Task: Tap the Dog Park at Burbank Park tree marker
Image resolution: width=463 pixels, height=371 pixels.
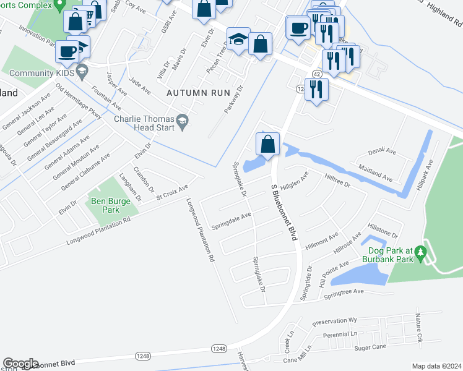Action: (421, 252)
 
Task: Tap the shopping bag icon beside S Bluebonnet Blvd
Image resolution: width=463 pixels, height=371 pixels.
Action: (267, 145)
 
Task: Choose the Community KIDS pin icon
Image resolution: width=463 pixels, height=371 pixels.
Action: (82, 73)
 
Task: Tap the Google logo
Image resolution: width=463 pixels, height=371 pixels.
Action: (20, 364)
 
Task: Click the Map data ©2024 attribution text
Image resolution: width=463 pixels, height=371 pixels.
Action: (436, 366)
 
